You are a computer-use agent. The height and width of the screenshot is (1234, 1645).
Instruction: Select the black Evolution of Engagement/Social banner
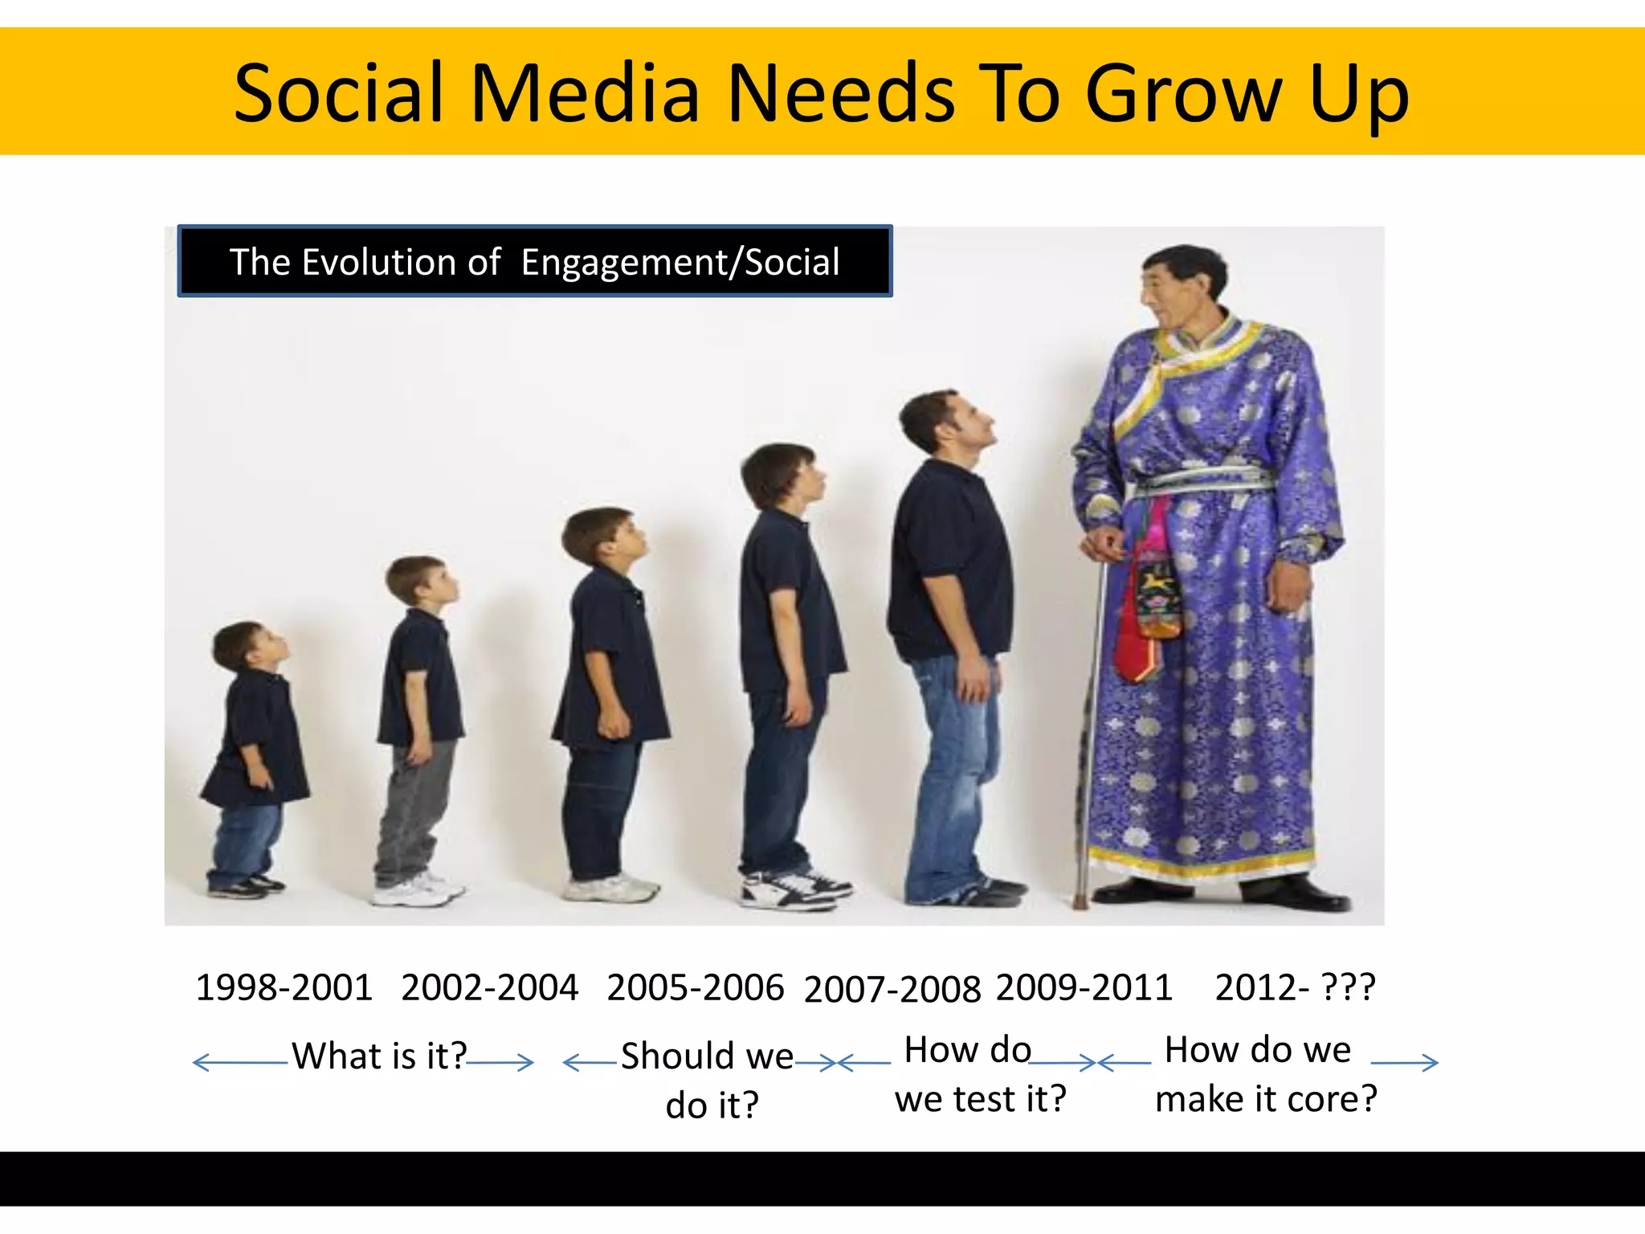click(x=535, y=262)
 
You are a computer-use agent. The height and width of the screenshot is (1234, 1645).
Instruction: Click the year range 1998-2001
click(x=284, y=987)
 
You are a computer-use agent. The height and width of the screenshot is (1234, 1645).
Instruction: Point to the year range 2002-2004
click(x=490, y=987)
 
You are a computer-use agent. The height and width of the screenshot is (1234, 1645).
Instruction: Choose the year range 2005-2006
click(x=696, y=987)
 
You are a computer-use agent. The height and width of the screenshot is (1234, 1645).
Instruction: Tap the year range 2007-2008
click(x=892, y=988)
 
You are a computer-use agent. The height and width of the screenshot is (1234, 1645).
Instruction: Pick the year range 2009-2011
click(x=1084, y=987)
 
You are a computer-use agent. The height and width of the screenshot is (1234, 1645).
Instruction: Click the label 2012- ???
click(x=1295, y=987)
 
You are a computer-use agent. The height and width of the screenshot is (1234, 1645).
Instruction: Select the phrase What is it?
click(x=379, y=1056)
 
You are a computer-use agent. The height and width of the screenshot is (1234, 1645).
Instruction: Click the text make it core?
click(x=1266, y=1098)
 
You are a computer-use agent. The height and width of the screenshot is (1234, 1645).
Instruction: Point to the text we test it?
click(x=980, y=1098)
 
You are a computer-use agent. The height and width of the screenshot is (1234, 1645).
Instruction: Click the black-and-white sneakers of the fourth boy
click(x=795, y=890)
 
